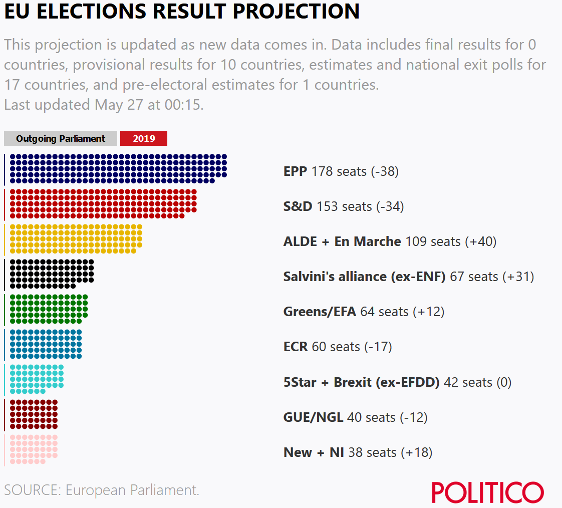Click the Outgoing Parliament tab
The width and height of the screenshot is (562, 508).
coord(61,139)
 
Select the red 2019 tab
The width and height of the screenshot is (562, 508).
coord(144,139)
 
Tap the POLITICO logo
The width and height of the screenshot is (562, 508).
coord(487,492)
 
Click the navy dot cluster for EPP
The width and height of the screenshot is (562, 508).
coord(118,169)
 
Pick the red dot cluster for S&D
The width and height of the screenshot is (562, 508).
coord(103,204)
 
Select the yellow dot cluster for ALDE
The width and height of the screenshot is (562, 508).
coord(76,239)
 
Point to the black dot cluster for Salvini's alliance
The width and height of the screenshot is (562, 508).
coord(52,274)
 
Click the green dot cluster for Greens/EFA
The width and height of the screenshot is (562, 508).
coord(49,309)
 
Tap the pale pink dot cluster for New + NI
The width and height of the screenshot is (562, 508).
coord(34,449)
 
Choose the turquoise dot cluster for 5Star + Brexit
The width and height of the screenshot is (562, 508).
coord(37,379)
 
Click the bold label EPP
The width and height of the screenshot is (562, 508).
coord(296,172)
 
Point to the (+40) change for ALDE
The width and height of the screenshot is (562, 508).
coord(480,242)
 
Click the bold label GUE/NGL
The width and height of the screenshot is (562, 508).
coord(313,417)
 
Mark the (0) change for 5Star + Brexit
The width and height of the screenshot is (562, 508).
coord(503,382)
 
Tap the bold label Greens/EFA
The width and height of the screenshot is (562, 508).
coord(320,312)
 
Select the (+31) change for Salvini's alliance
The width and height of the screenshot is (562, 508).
coord(518,277)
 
